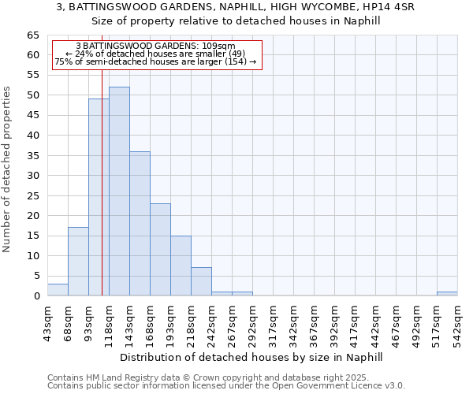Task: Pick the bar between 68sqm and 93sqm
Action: click(x=78, y=262)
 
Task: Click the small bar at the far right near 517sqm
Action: click(x=447, y=294)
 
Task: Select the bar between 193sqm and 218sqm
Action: click(x=181, y=266)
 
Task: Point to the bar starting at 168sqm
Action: click(x=160, y=250)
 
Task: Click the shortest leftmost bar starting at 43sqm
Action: click(x=58, y=290)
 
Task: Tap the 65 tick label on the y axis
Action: click(x=32, y=35)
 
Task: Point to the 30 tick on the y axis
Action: click(x=32, y=176)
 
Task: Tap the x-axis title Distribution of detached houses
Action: click(x=251, y=357)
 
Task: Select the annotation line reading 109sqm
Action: click(x=155, y=46)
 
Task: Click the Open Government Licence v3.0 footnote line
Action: click(x=226, y=386)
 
